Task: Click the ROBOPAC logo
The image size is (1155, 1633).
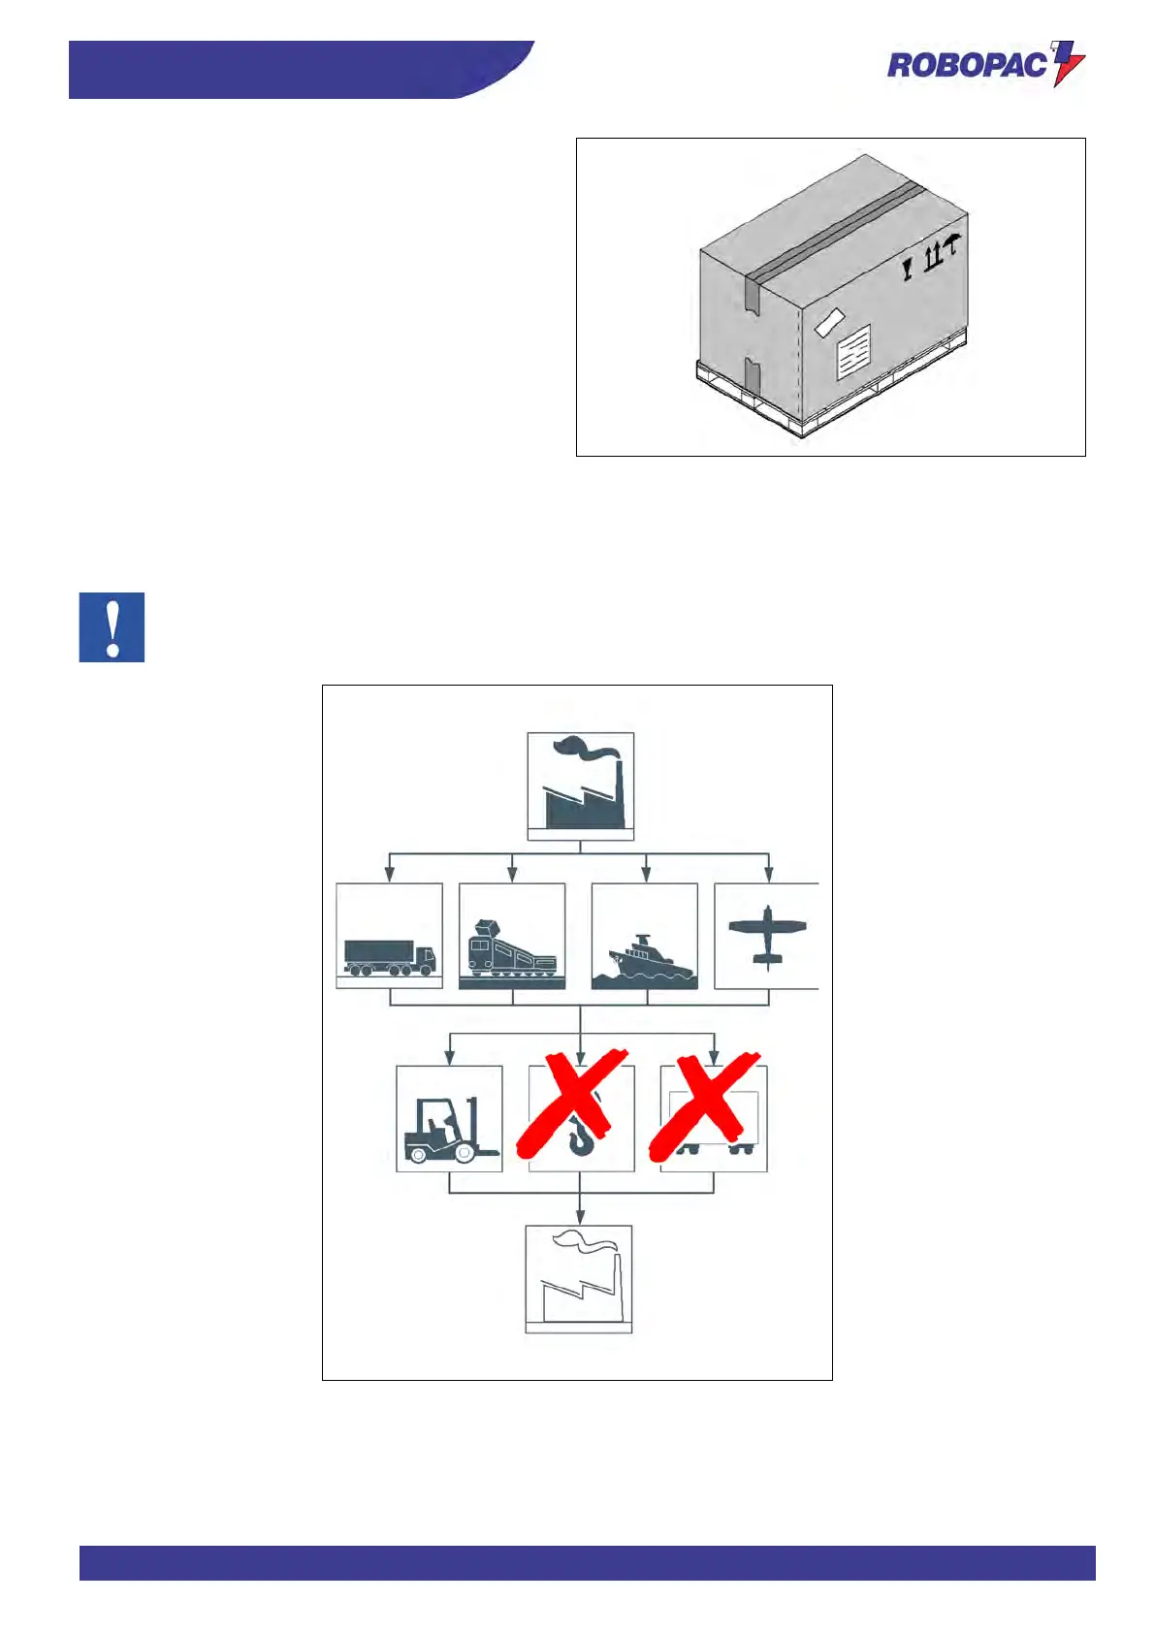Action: click(984, 65)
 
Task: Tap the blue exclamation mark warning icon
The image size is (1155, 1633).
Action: click(112, 627)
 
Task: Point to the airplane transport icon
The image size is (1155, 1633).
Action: click(767, 935)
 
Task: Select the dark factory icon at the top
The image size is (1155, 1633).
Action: click(580, 785)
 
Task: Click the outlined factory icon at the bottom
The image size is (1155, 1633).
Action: click(579, 1279)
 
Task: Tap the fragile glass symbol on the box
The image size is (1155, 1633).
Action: click(908, 268)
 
